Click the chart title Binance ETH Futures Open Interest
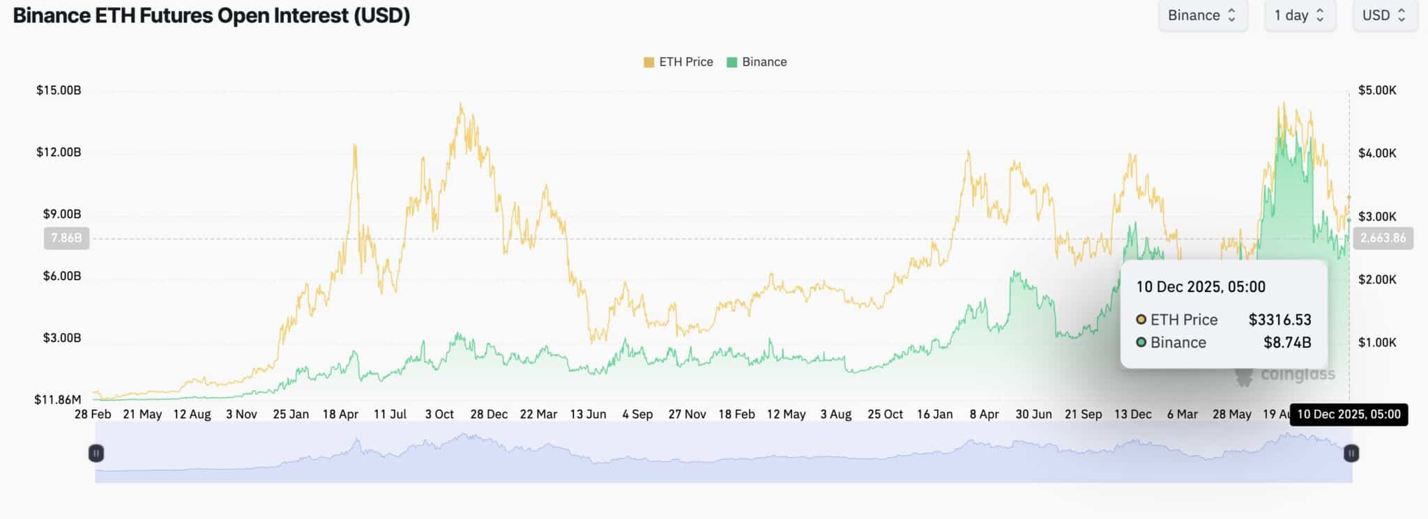211,15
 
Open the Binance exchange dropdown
1201,15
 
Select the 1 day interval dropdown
1299,15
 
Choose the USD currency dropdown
1384,15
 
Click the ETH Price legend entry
678,62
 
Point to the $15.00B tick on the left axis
59,90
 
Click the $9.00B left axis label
62,214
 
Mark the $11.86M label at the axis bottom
58,399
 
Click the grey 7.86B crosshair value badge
66,238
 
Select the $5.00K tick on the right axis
1377,90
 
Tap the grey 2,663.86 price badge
1383,238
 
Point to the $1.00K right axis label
1377,342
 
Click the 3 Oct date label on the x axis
439,415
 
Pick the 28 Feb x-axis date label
93,415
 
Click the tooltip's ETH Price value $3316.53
1279,320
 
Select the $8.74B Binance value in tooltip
1287,343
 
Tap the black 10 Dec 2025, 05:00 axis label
1349,415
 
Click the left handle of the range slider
96,454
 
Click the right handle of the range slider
1351,454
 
